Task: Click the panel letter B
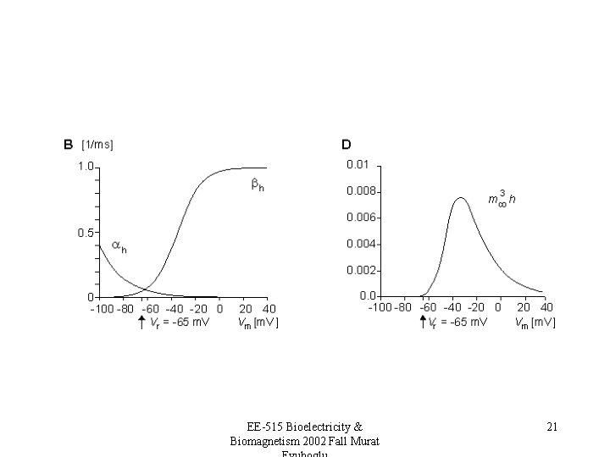[x=68, y=144]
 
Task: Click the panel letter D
[x=347, y=144]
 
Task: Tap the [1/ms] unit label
[x=97, y=144]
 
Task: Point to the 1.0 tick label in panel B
[x=86, y=167]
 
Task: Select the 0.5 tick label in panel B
[x=86, y=232]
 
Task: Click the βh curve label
[x=258, y=185]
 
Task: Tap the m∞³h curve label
[x=502, y=199]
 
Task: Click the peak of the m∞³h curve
[x=460, y=198]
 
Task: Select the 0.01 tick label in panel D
[x=358, y=163]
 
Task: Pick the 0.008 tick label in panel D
[x=361, y=190]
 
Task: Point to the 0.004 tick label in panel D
[x=361, y=244]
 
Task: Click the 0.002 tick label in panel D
[x=361, y=270]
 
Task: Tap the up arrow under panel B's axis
[x=141, y=322]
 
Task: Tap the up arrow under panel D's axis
[x=423, y=322]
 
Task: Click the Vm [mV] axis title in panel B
[x=258, y=322]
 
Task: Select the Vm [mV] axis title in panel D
[x=535, y=322]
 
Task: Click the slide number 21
[x=552, y=427]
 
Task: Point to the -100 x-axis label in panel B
[x=103, y=309]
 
